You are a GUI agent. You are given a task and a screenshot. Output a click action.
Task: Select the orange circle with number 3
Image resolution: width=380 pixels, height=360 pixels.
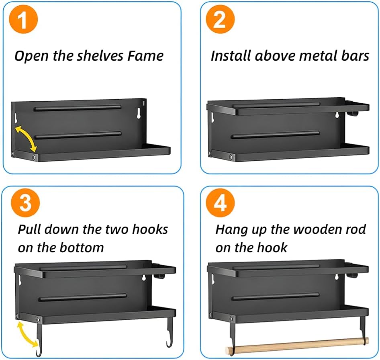click(x=25, y=204)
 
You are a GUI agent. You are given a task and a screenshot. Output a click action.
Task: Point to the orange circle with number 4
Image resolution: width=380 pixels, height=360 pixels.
click(x=220, y=204)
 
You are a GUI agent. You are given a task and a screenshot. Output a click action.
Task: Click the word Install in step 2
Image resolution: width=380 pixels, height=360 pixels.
click(x=231, y=55)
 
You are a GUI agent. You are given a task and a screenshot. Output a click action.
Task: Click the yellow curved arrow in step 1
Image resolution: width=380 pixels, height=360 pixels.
click(x=25, y=138)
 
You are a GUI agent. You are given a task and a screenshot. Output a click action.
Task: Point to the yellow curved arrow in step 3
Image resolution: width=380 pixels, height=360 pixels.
click(x=27, y=334)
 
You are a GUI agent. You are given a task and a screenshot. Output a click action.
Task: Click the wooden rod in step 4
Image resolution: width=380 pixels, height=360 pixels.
click(x=297, y=345)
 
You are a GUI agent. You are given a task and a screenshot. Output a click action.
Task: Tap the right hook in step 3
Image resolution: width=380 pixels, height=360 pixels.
click(x=170, y=333)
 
